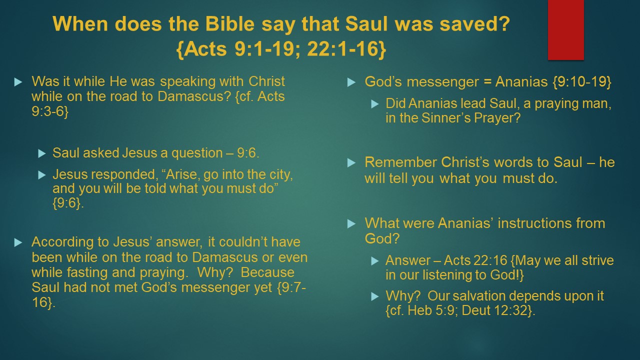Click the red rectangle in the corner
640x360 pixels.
(565, 29)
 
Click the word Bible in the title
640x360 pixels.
(229, 23)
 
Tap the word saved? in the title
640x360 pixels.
(474, 23)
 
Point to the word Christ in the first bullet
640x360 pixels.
(266, 81)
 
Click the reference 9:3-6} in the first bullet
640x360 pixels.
(50, 111)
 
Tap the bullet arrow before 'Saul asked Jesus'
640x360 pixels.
(42, 153)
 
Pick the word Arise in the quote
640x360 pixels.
(182, 174)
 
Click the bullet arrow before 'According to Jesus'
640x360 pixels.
(18, 242)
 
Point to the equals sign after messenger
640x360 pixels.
(487, 82)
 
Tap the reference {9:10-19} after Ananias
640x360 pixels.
(581, 82)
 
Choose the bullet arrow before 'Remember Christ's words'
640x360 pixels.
(351, 163)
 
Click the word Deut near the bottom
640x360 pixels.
(475, 310)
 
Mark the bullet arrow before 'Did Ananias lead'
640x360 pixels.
(375, 104)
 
